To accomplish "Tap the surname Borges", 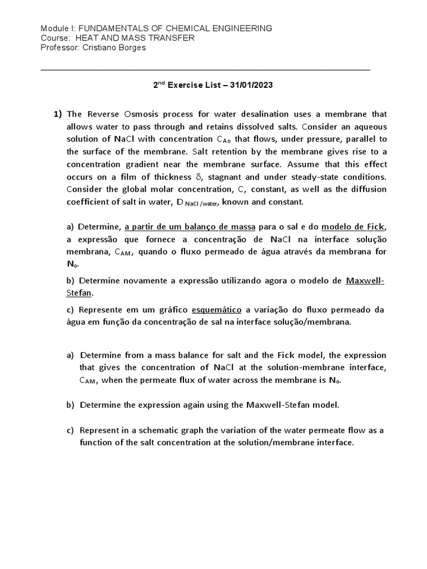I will pyautogui.click(x=130, y=47).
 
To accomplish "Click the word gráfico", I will pyautogui.click(x=173, y=309).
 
